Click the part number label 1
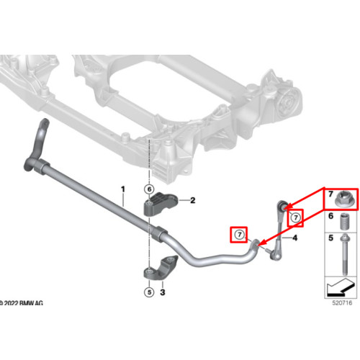pyautogui.click(x=123, y=189)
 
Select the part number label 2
pyautogui.click(x=192, y=200)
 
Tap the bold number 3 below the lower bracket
pyautogui.click(x=163, y=292)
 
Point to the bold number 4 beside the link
pyautogui.click(x=294, y=238)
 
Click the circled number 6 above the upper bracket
pyautogui.click(x=149, y=189)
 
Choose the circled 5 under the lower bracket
pyautogui.click(x=149, y=292)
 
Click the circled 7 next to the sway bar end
pyautogui.click(x=239, y=235)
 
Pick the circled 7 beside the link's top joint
pyautogui.click(x=296, y=217)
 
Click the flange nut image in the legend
pyautogui.click(x=344, y=199)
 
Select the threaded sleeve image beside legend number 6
pyautogui.click(x=345, y=222)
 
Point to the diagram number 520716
pyautogui.click(x=342, y=302)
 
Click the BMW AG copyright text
pyautogui.click(x=21, y=303)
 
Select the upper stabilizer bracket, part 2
pyautogui.click(x=161, y=204)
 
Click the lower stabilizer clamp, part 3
pyautogui.click(x=161, y=268)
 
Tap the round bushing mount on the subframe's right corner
pyautogui.click(x=287, y=102)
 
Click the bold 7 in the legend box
pyautogui.click(x=330, y=194)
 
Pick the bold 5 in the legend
pyautogui.click(x=330, y=238)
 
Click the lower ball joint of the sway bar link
pyautogui.click(x=276, y=256)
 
